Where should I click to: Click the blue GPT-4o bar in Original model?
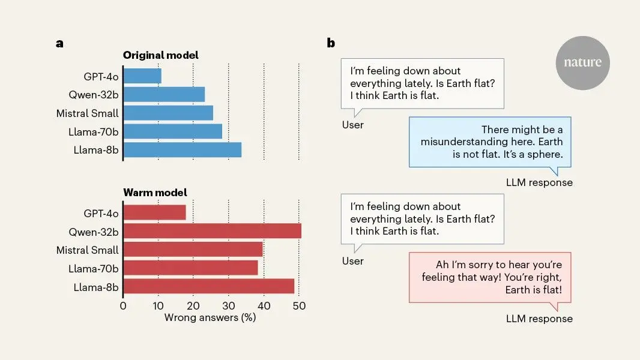point(142,76)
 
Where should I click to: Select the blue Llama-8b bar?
point(183,149)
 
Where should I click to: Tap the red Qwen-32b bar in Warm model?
point(213,231)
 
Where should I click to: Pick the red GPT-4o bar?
point(155,212)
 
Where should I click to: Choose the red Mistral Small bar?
point(193,250)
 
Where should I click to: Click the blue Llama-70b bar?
point(173,131)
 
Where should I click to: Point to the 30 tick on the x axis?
point(229,306)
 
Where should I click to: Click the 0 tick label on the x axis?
point(123,306)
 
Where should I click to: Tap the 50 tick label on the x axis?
point(299,306)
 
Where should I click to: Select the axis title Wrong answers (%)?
point(210,317)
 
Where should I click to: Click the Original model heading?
point(161,55)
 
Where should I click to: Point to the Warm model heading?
point(155,193)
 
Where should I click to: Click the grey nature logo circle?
point(582,63)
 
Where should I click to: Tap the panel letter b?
point(331,43)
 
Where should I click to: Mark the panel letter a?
point(59,43)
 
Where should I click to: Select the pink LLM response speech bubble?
point(490,278)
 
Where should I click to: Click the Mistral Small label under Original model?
point(87,113)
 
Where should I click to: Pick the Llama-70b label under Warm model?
point(94,269)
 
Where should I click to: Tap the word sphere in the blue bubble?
point(545,155)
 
